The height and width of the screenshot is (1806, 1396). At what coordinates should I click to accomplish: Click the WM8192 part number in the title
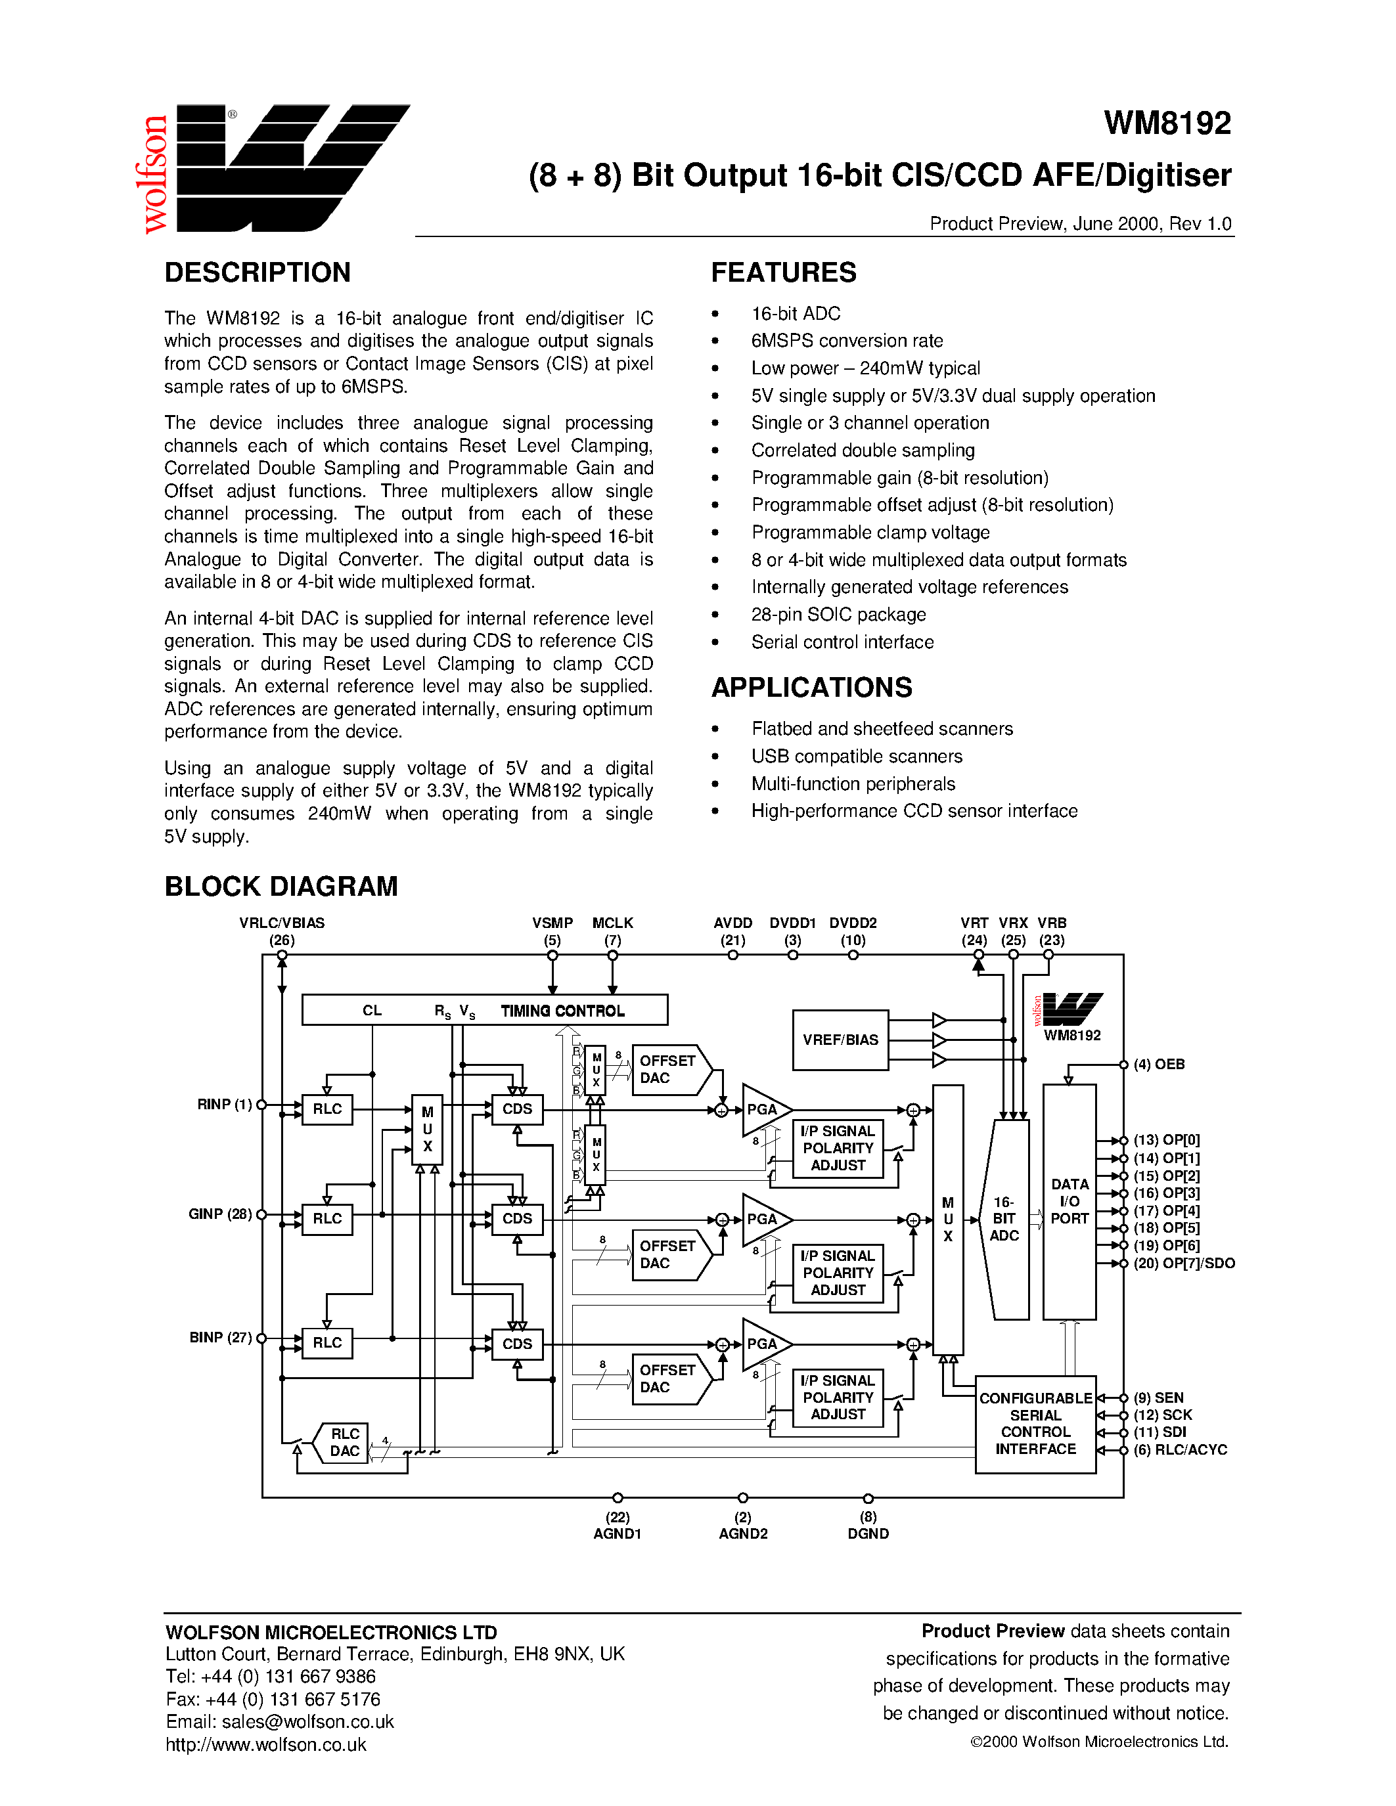[x=1166, y=124]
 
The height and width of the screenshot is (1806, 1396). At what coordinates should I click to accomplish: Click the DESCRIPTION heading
[x=258, y=272]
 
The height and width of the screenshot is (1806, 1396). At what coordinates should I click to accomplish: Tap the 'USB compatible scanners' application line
[x=856, y=756]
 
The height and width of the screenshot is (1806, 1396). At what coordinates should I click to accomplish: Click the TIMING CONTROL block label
[x=562, y=1011]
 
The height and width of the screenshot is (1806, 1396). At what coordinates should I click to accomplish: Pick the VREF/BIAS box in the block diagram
[x=840, y=1040]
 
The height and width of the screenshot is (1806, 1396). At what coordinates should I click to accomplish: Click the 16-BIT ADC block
[x=1004, y=1219]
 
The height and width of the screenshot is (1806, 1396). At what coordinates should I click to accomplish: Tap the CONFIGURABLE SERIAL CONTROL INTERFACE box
[x=1035, y=1423]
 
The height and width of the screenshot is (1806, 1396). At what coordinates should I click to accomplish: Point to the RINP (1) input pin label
[x=224, y=1104]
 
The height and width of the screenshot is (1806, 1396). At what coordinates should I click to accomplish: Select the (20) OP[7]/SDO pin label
[x=1183, y=1263]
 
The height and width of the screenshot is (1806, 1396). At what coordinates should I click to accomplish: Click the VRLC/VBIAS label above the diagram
[x=281, y=923]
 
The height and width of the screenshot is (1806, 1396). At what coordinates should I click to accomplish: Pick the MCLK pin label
[x=612, y=923]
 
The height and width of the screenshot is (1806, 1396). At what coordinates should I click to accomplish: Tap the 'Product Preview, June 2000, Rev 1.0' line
[x=1079, y=224]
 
